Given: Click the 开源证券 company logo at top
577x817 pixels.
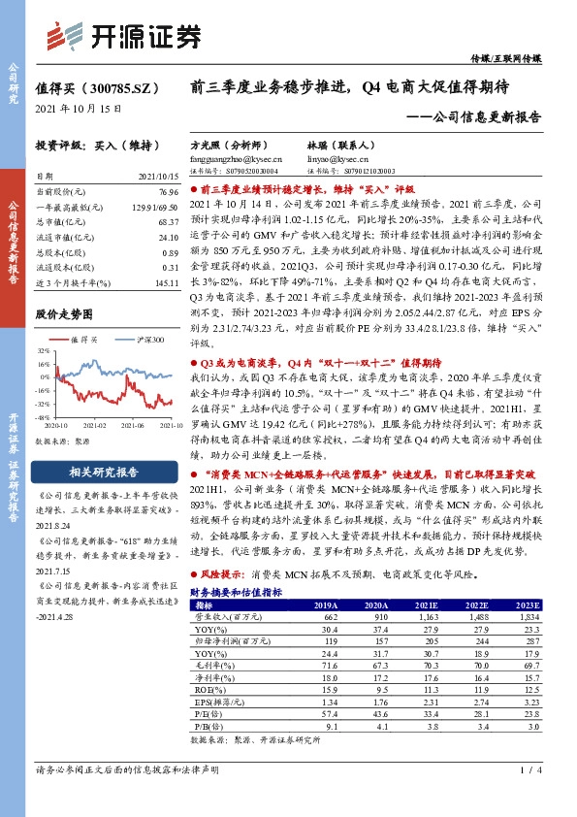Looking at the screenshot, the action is point(125,37).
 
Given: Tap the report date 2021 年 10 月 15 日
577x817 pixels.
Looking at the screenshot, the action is point(79,110).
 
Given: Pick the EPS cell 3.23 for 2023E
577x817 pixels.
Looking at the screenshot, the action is point(527,700).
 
